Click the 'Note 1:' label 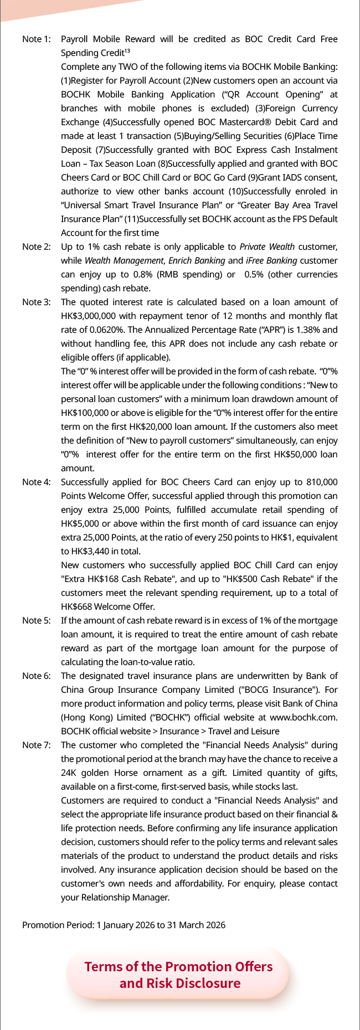[x=36, y=39]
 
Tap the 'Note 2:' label [x=36, y=247]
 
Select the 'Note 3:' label [x=36, y=302]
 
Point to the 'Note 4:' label [x=36, y=482]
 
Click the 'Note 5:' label [x=36, y=621]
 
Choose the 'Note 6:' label [x=36, y=676]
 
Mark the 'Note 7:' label [x=36, y=745]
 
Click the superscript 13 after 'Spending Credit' [x=127, y=51]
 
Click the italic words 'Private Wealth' [x=267, y=247]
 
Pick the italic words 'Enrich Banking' [x=197, y=261]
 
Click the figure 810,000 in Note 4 [x=320, y=482]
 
